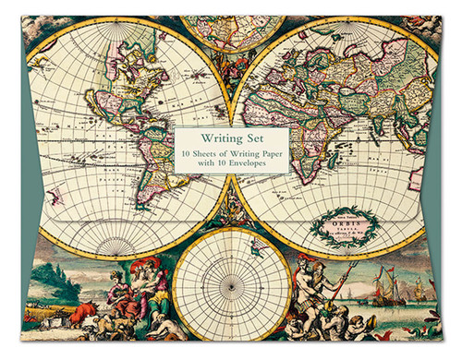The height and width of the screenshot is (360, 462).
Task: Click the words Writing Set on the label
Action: coord(232,138)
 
